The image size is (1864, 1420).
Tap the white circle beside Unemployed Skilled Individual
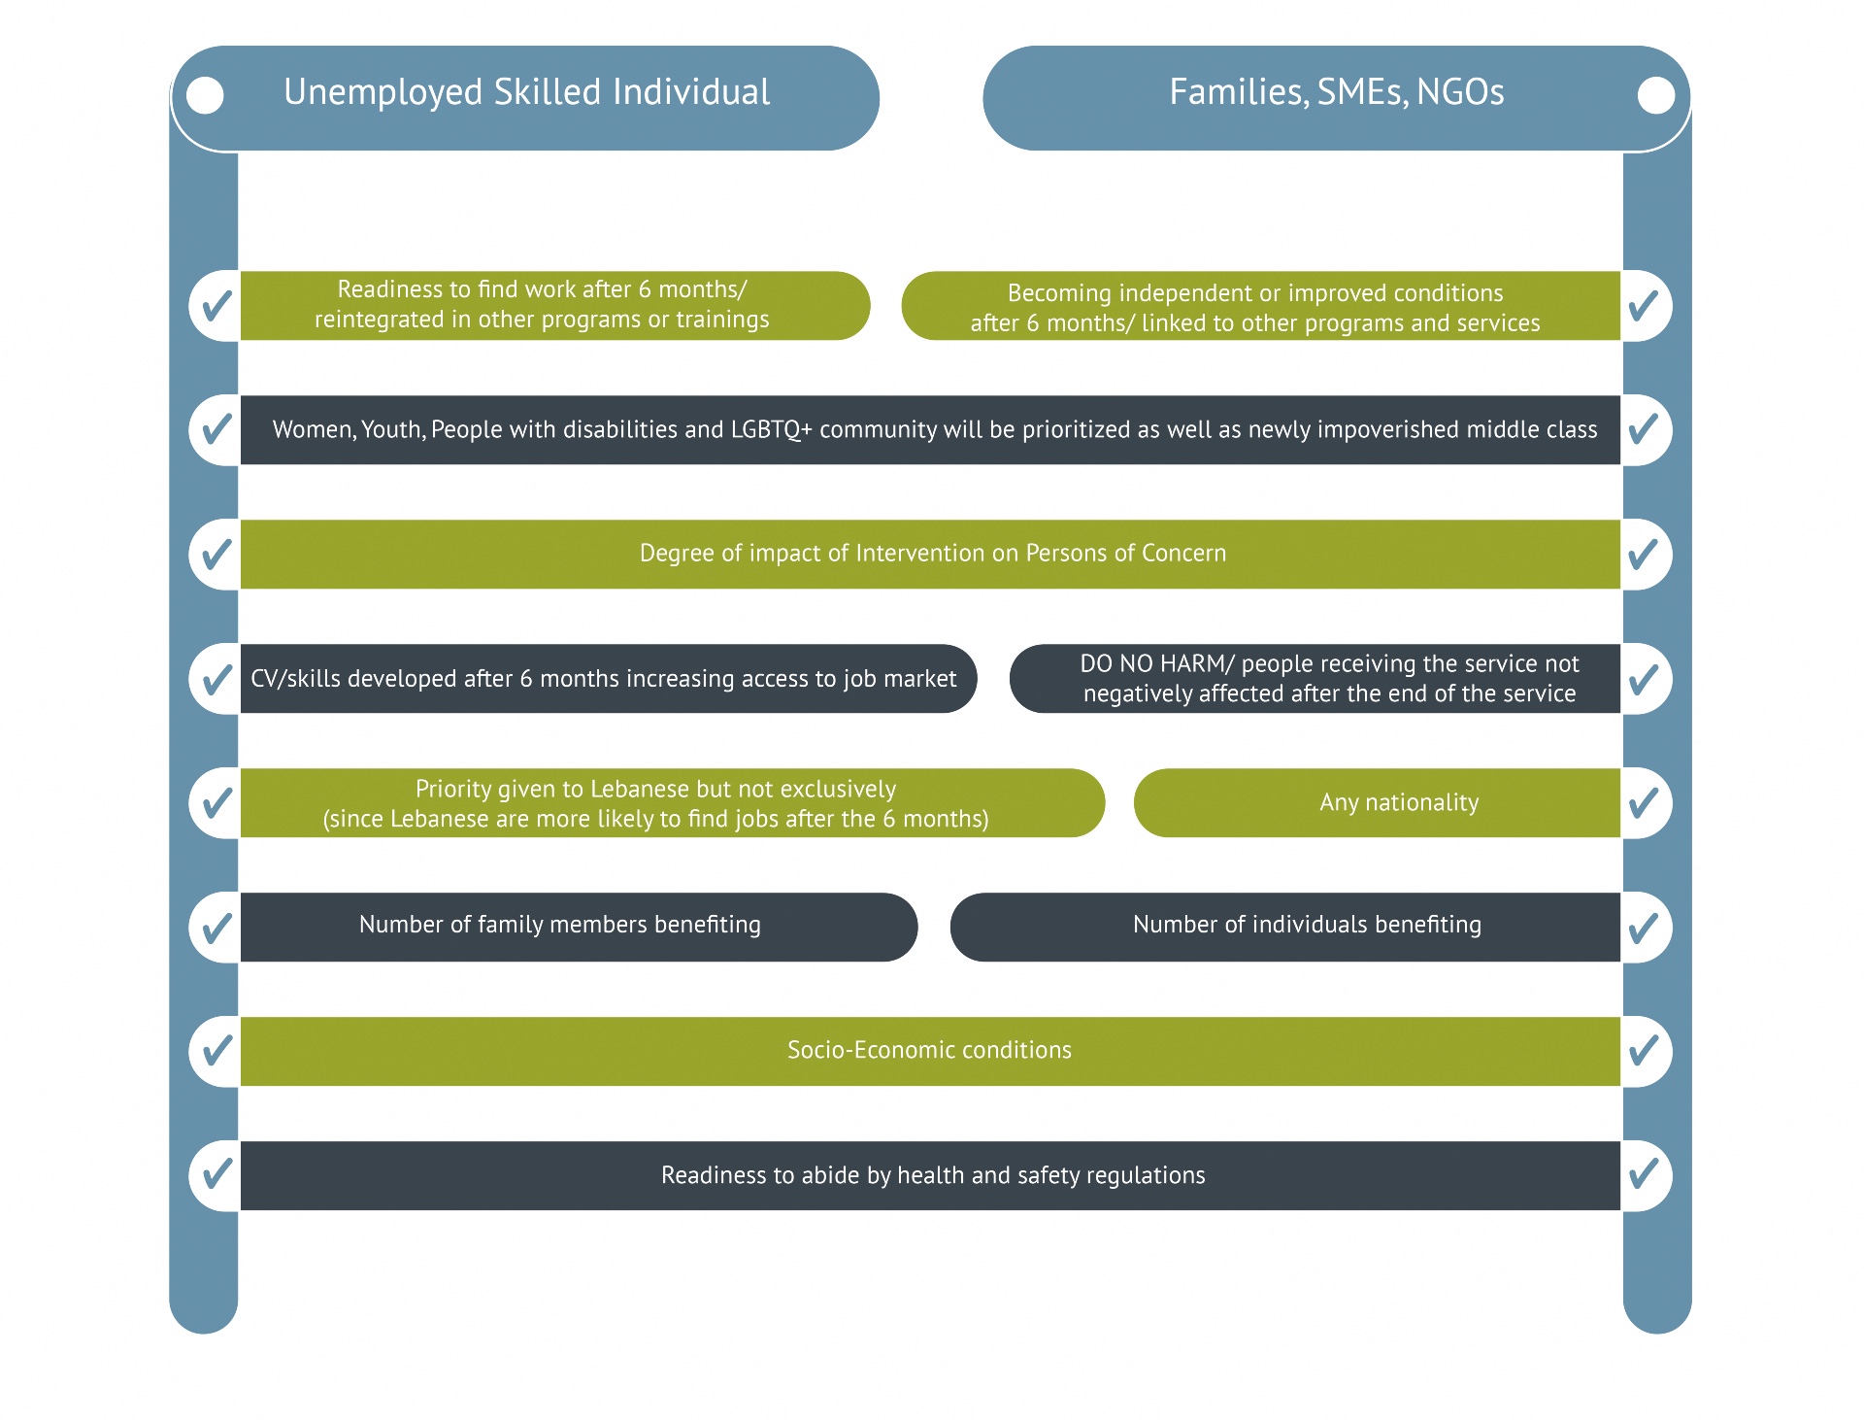pos(205,95)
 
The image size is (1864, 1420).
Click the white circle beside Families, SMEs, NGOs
pos(1655,95)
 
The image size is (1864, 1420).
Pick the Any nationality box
pos(1398,802)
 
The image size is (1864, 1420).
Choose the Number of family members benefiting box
pos(560,926)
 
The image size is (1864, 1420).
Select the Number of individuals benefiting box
pos(1306,926)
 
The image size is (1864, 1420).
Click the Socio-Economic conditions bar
pos(929,1050)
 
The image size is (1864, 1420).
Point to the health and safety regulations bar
pos(932,1175)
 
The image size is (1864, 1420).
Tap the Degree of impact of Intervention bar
pos(932,554)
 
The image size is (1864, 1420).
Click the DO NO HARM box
pos(1328,678)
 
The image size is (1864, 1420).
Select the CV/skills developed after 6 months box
pos(604,678)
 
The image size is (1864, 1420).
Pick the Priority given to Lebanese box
pos(656,802)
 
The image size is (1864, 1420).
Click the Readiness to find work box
pos(542,305)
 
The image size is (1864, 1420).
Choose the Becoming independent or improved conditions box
pos(1254,307)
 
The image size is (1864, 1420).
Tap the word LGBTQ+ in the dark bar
pos(771,429)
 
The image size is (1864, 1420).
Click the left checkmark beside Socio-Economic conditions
pos(216,1050)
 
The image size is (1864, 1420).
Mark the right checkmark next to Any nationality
pos(1644,802)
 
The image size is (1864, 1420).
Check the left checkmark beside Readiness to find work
pos(216,305)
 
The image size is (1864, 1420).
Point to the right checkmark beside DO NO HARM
pos(1644,678)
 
